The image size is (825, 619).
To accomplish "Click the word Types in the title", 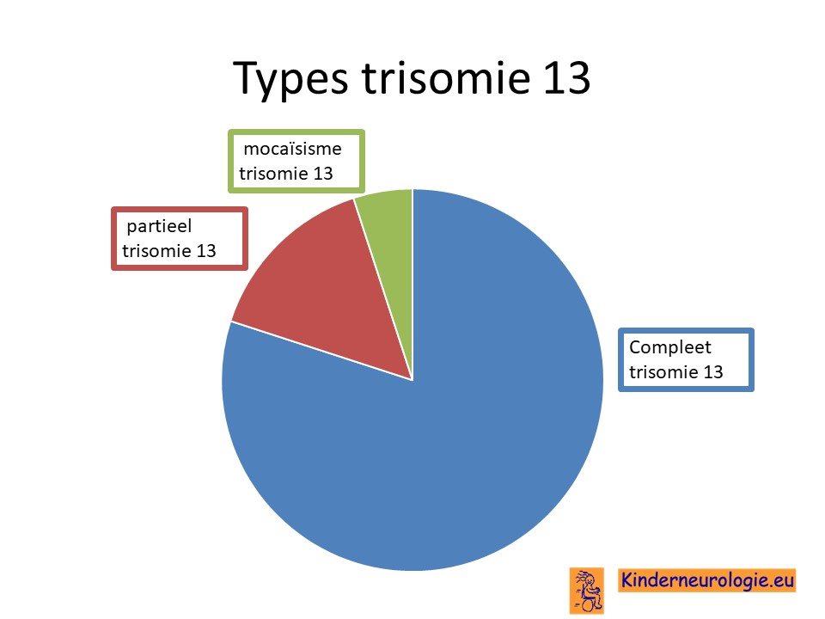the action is point(290,79).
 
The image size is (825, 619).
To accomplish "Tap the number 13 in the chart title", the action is point(566,77).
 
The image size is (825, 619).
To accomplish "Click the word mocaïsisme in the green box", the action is point(292,149).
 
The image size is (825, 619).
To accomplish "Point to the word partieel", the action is point(159,227).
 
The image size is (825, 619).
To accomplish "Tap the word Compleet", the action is point(669,347).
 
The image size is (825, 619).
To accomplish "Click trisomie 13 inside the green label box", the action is point(285,173).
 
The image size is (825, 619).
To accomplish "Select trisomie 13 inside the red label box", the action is point(169,250).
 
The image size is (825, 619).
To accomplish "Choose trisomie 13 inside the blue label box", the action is point(676,372).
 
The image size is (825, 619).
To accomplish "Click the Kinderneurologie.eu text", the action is point(706,580).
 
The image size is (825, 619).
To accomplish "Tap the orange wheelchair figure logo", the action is point(587,591).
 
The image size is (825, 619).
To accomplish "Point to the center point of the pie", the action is point(412,379).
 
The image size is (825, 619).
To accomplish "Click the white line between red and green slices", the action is point(383,289).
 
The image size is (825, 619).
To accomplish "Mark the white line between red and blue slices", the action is point(321,351).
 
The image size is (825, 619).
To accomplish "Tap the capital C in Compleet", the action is point(636,347).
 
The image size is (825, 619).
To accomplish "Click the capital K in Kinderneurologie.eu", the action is point(627,579).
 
